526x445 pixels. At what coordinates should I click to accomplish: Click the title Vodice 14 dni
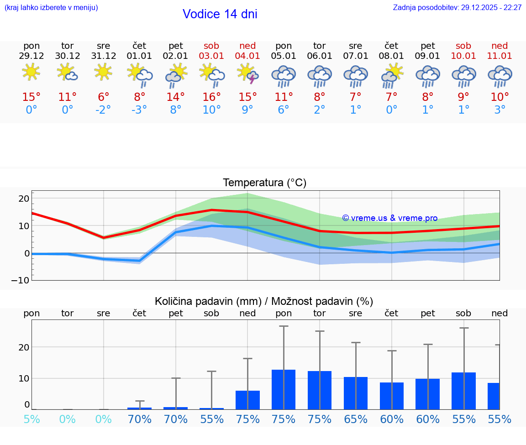pos(220,14)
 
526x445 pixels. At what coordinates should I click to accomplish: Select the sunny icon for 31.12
pos(103,72)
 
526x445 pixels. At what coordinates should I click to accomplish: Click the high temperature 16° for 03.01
pos(211,97)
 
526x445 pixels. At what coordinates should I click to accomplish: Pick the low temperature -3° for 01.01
pos(139,110)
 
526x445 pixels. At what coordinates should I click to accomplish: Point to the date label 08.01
pos(391,56)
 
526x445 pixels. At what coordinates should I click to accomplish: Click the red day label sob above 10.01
pos(463,46)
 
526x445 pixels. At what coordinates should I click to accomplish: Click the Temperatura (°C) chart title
pos(264,183)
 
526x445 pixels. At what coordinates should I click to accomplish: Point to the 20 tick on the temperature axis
pos(24,199)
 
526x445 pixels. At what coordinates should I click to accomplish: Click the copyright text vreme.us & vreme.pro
pos(390,218)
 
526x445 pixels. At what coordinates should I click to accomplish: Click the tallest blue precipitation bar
pos(284,389)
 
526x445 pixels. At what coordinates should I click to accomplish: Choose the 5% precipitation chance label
pos(32,419)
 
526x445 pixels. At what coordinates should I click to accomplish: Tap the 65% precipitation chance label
pos(355,419)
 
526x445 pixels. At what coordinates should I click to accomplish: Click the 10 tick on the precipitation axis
pos(24,378)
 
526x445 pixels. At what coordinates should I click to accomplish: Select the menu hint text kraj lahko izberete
pos(51,8)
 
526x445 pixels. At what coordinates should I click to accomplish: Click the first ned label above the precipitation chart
pos(247,313)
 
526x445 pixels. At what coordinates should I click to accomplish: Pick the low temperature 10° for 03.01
pos(211,110)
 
